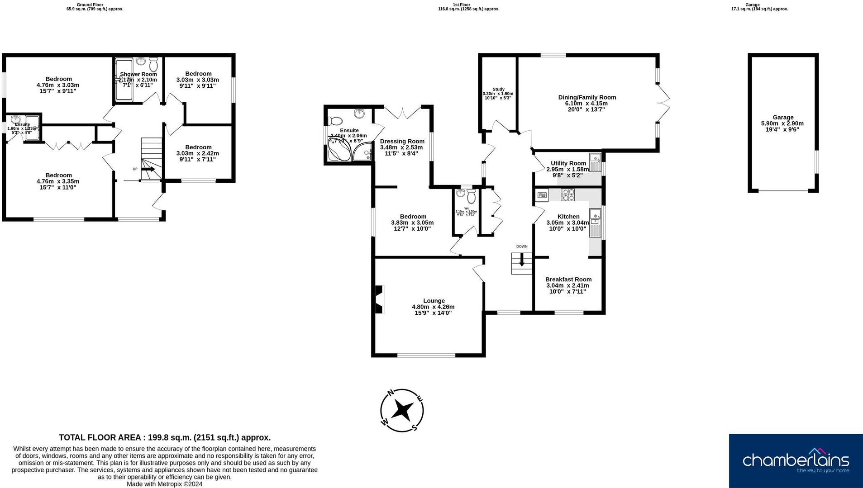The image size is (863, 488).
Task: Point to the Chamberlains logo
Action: [796, 460]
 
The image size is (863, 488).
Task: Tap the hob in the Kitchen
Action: [567, 194]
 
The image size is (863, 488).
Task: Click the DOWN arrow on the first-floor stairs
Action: [522, 261]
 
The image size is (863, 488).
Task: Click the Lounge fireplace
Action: [379, 299]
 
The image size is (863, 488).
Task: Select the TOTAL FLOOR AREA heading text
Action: [165, 437]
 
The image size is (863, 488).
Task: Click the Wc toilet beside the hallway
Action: [471, 197]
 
